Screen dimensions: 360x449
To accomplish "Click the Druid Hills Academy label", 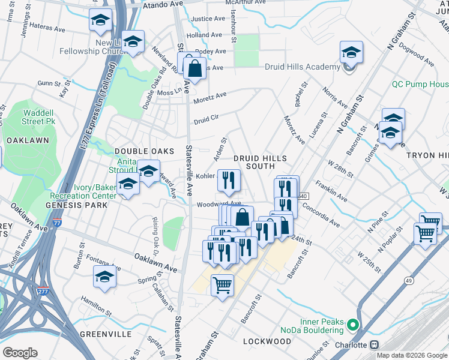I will [x=303, y=67].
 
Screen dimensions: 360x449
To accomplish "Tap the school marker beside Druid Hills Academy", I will [x=351, y=55].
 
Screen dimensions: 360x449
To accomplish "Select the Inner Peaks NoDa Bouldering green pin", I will [x=353, y=326].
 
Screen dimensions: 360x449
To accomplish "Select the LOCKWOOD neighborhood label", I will [x=267, y=341].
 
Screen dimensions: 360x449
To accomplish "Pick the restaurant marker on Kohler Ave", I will [x=229, y=182].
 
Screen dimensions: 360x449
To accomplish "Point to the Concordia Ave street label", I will [x=321, y=218].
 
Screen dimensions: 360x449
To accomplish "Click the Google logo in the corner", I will [x=20, y=353].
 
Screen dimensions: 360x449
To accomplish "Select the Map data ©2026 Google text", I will [x=411, y=355].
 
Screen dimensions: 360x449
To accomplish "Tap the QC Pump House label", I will [x=420, y=85].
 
